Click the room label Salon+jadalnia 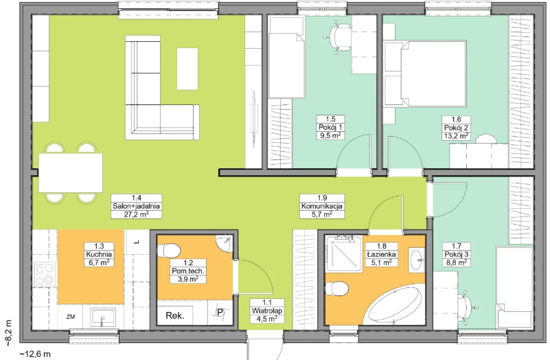pos(136,206)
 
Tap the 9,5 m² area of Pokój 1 pos(330,136)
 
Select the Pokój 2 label pos(456,128)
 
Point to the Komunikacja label pos(322,206)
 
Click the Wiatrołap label pos(267,311)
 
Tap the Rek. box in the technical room pos(175,315)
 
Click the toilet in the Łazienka pos(336,289)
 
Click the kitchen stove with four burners pos(45,273)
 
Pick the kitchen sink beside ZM pos(103,317)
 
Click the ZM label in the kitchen pos(71,317)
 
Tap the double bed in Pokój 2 pos(425,74)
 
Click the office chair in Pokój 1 pos(339,36)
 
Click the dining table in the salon pos(71,173)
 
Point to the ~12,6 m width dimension pos(35,354)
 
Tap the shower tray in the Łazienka pos(343,254)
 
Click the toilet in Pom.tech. pos(169,251)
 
